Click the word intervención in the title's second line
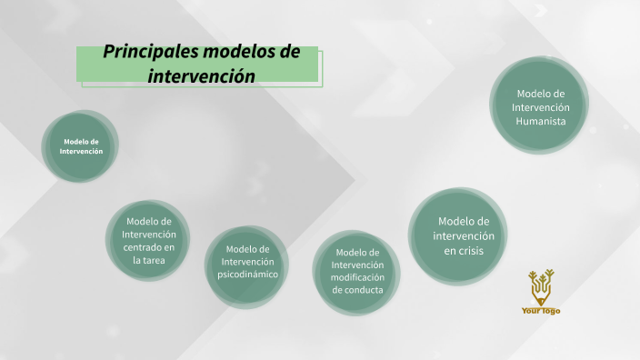201,75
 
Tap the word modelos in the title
236,52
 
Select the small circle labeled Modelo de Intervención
81,146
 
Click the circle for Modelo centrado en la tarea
148,240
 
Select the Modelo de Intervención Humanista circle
540,107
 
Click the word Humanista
541,121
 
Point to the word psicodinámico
247,275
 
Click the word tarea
155,260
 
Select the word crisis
471,250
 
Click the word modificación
357,277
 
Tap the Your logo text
541,311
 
